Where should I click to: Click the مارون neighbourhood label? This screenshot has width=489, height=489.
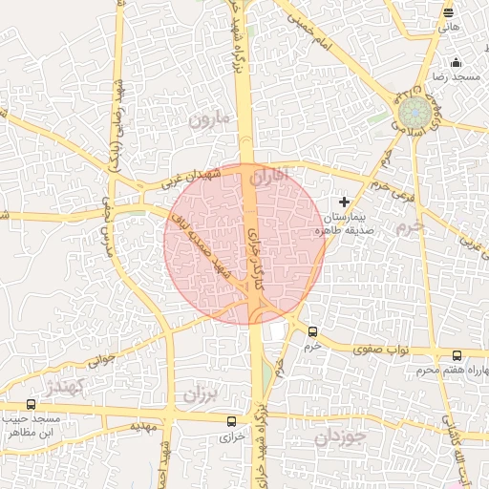click(x=209, y=120)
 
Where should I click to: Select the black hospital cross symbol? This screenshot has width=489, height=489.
click(x=344, y=202)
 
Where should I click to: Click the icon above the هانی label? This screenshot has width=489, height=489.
click(x=449, y=12)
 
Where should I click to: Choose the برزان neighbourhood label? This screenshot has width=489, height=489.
click(x=202, y=393)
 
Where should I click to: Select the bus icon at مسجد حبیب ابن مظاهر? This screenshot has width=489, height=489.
click(x=32, y=405)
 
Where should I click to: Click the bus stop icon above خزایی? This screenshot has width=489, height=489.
click(x=231, y=420)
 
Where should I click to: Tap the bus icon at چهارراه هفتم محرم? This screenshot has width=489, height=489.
click(x=457, y=356)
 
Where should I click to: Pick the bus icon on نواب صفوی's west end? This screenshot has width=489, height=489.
click(x=313, y=332)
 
